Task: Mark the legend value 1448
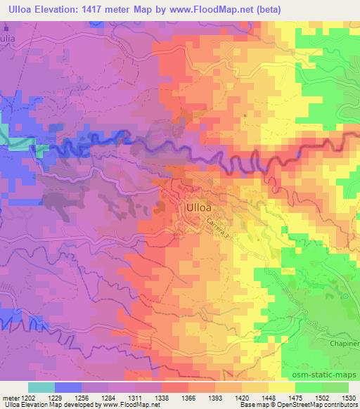[268, 397]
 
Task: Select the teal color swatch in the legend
[41, 387]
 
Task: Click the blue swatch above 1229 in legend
[67, 387]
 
